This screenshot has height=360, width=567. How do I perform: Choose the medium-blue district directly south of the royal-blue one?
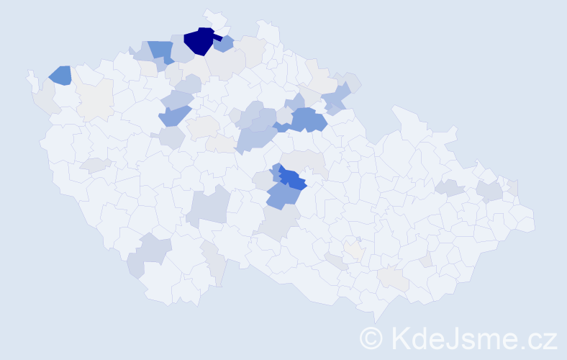tap(283, 195)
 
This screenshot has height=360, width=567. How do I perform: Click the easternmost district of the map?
tap(524, 220)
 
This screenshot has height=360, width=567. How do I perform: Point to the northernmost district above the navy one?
tap(214, 19)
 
